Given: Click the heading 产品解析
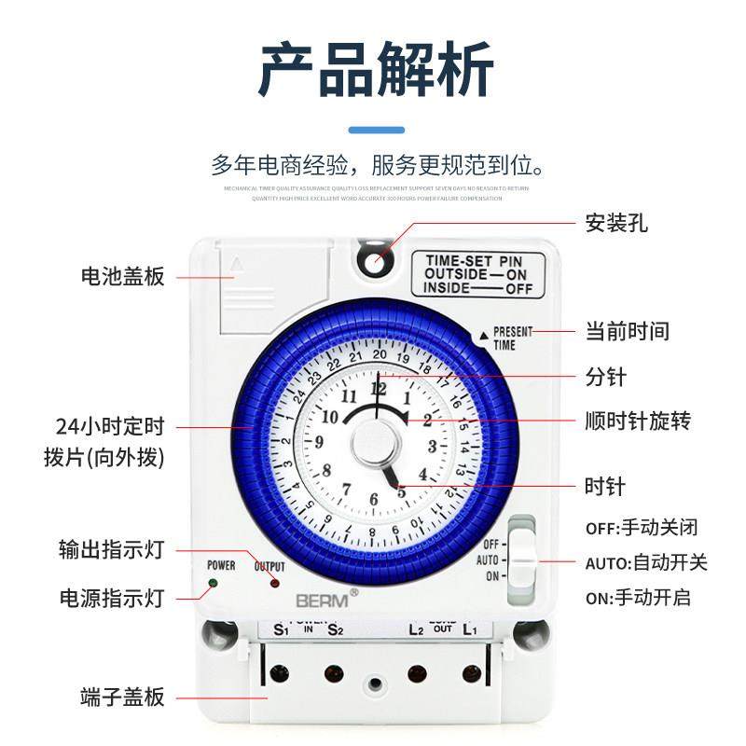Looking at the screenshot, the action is click(373, 71).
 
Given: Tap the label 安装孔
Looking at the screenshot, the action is click(616, 224).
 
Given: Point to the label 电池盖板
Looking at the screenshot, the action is click(123, 277).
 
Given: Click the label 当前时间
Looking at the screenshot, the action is click(627, 331).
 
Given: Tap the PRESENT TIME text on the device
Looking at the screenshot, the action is click(513, 338).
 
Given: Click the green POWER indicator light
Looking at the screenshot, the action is click(214, 584).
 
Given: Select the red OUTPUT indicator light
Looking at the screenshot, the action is click(274, 584).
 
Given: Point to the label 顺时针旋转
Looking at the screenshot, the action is click(638, 421).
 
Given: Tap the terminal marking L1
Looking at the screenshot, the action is click(470, 629).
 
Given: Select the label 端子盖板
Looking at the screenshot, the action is click(123, 698).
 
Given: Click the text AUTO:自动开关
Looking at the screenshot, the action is click(646, 562).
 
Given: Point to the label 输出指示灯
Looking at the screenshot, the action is click(111, 550).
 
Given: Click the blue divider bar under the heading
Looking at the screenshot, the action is click(377, 130).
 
